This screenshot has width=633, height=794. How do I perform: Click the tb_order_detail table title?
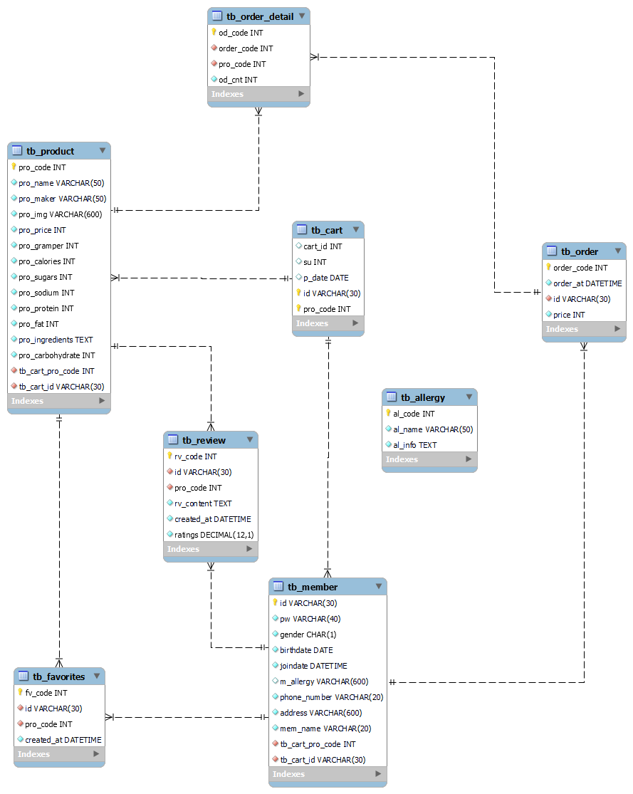pyautogui.click(x=260, y=16)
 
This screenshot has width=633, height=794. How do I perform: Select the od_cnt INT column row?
pyautogui.click(x=238, y=80)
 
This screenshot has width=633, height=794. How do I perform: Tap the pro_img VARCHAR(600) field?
pyautogui.click(x=62, y=214)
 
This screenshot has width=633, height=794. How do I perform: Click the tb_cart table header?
pyautogui.click(x=326, y=230)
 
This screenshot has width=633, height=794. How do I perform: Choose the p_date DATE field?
pyautogui.click(x=326, y=278)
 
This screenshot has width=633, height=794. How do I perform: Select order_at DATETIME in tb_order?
pyautogui.click(x=587, y=283)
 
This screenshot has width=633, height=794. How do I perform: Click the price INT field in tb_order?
pyautogui.click(x=569, y=314)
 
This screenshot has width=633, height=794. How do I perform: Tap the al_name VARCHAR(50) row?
pyautogui.click(x=433, y=429)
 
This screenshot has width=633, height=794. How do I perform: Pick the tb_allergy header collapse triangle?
pyautogui.click(x=469, y=397)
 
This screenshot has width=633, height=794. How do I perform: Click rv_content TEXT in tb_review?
pyautogui.click(x=203, y=503)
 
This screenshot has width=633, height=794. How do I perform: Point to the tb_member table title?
pyautogui.click(x=313, y=587)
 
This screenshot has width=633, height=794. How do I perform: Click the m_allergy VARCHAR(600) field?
pyautogui.click(x=324, y=681)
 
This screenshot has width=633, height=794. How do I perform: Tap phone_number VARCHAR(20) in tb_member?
pyautogui.click(x=331, y=697)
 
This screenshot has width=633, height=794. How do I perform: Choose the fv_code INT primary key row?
pyautogui.click(x=46, y=692)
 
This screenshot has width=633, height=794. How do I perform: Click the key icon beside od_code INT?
pyautogui.click(x=214, y=32)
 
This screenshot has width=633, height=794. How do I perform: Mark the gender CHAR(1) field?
pyautogui.click(x=308, y=634)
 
